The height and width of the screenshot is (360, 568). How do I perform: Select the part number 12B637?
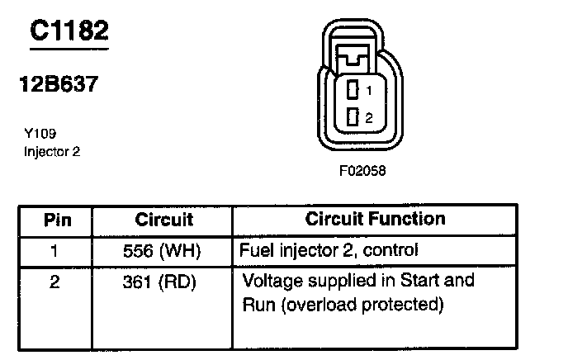[x=59, y=85]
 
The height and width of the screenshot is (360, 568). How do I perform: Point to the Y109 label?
[x=40, y=133]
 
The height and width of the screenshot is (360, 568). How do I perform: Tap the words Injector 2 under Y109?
[x=52, y=151]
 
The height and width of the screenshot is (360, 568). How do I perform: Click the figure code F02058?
[x=362, y=172]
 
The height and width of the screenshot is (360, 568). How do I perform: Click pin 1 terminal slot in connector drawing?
[x=353, y=90]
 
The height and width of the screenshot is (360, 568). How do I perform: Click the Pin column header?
[x=57, y=220]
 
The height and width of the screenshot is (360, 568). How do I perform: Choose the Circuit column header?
[x=163, y=220]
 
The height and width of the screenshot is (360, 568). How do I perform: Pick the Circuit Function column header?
[x=375, y=220]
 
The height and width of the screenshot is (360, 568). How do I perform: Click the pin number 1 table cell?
[x=55, y=249]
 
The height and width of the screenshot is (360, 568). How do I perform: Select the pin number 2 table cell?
[x=55, y=282]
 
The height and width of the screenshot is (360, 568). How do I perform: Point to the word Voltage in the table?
[x=270, y=281]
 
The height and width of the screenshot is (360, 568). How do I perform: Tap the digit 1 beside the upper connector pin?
[x=369, y=90]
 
